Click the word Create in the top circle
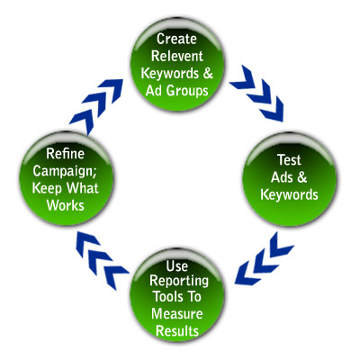click(x=176, y=39)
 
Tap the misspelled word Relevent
click(x=177, y=56)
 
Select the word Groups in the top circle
click(x=187, y=91)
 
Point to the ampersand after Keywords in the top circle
click(x=208, y=74)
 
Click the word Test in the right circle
click(x=289, y=160)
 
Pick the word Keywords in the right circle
click(x=289, y=194)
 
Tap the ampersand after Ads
click(x=302, y=177)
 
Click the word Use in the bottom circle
click(x=177, y=266)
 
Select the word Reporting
click(x=179, y=282)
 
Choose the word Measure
click(x=177, y=314)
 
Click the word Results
click(x=177, y=331)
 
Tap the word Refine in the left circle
click(x=65, y=154)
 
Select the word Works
click(x=66, y=206)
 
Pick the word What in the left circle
click(x=82, y=188)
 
